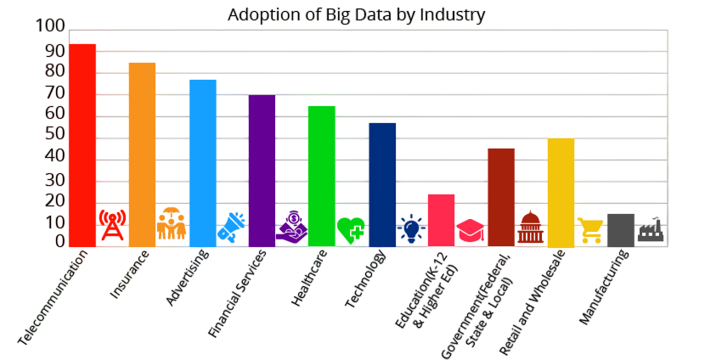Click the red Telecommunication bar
(x=82, y=144)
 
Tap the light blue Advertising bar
(x=202, y=162)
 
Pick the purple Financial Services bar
(x=262, y=170)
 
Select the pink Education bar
(x=441, y=220)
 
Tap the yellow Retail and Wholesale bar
(x=561, y=192)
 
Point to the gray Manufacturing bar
(x=621, y=229)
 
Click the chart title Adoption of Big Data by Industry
(x=356, y=14)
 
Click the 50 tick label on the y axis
(x=54, y=134)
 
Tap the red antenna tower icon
(x=111, y=226)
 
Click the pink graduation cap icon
(x=470, y=230)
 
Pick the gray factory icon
(x=651, y=229)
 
